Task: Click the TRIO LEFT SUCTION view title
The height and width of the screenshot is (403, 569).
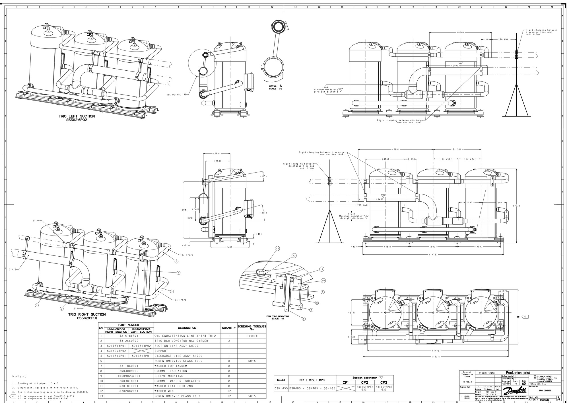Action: (77, 116)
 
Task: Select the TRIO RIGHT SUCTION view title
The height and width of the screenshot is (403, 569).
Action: (87, 314)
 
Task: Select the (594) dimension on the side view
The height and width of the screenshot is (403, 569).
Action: (184, 210)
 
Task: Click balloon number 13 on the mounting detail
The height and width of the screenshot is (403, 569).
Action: (277, 249)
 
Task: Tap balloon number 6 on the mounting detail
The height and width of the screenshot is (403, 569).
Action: (304, 319)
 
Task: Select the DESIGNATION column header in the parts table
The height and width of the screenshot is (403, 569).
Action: (187, 328)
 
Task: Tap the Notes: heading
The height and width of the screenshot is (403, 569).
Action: (19, 376)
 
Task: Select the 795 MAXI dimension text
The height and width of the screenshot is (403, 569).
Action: (363, 205)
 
